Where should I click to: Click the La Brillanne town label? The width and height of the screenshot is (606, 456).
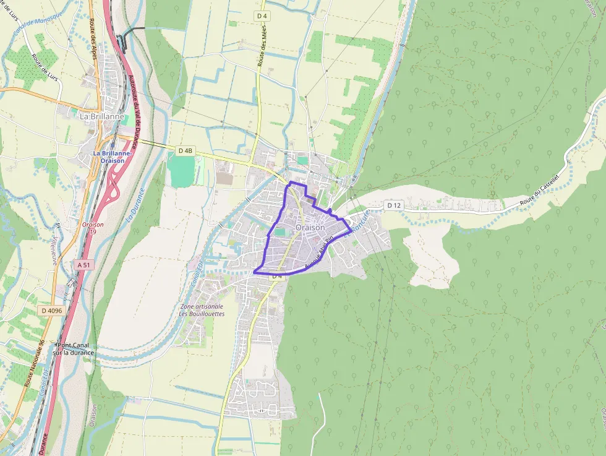pos(102,116)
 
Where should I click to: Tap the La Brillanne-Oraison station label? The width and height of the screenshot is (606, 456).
pos(109,157)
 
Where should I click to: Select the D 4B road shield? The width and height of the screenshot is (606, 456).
pos(186,150)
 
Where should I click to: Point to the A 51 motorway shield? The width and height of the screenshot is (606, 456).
pos(83,264)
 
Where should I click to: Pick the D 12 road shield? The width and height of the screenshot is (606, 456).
pos(394,205)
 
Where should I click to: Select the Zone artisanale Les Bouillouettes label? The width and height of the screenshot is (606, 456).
pos(202,310)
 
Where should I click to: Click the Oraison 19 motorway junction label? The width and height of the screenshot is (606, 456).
pos(93,228)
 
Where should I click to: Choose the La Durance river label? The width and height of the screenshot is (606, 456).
pos(135,205)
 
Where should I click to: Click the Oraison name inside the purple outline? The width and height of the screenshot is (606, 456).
pos(310,228)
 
